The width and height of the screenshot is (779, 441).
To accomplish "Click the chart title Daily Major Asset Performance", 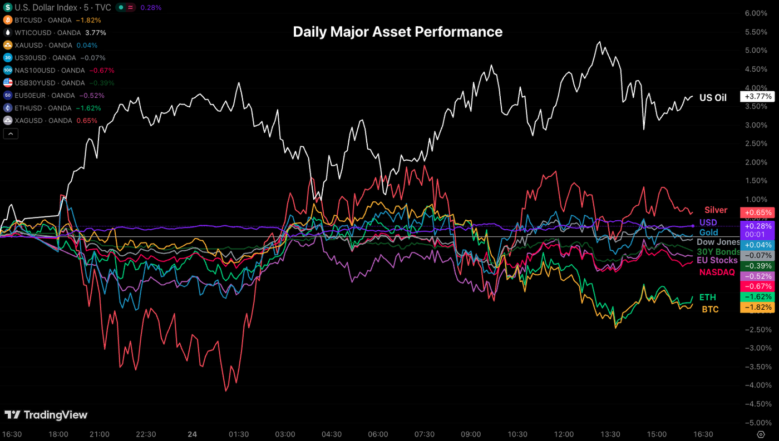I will [x=397, y=32].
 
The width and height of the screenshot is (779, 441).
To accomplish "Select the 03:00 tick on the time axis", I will [x=284, y=434].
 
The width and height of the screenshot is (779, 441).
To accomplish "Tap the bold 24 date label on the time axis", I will [x=192, y=434].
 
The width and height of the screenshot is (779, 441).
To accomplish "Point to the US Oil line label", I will [x=713, y=98].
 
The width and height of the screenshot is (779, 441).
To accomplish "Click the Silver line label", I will [x=716, y=210].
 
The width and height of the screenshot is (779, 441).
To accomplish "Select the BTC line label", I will [x=709, y=309].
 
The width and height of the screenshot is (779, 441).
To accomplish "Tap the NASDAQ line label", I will [x=717, y=272].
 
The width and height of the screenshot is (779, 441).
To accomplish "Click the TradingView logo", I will [x=46, y=415].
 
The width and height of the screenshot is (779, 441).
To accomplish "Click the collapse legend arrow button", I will [x=11, y=133].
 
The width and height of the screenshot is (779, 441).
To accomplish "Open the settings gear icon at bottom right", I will [x=761, y=434].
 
